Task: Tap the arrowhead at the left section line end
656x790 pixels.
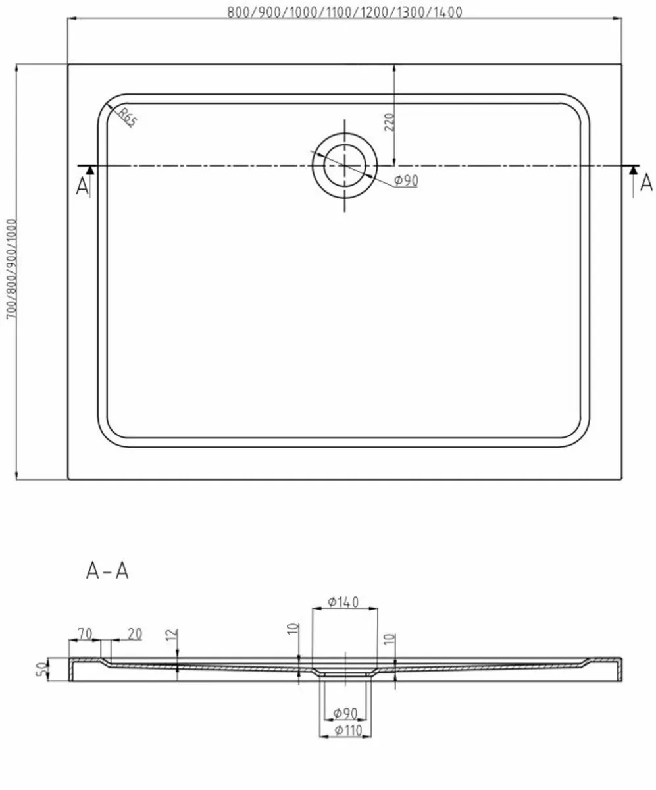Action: pos(90,170)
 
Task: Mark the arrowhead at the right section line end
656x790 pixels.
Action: pos(633,170)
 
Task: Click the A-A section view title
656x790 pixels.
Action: pos(107,571)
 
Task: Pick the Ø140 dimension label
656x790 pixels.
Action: pos(343,602)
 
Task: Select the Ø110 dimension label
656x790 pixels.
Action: pos(345,729)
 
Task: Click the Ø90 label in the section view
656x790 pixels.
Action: pos(345,713)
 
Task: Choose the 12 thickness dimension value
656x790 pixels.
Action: pos(172,635)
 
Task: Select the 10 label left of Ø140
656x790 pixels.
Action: pos(294,629)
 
